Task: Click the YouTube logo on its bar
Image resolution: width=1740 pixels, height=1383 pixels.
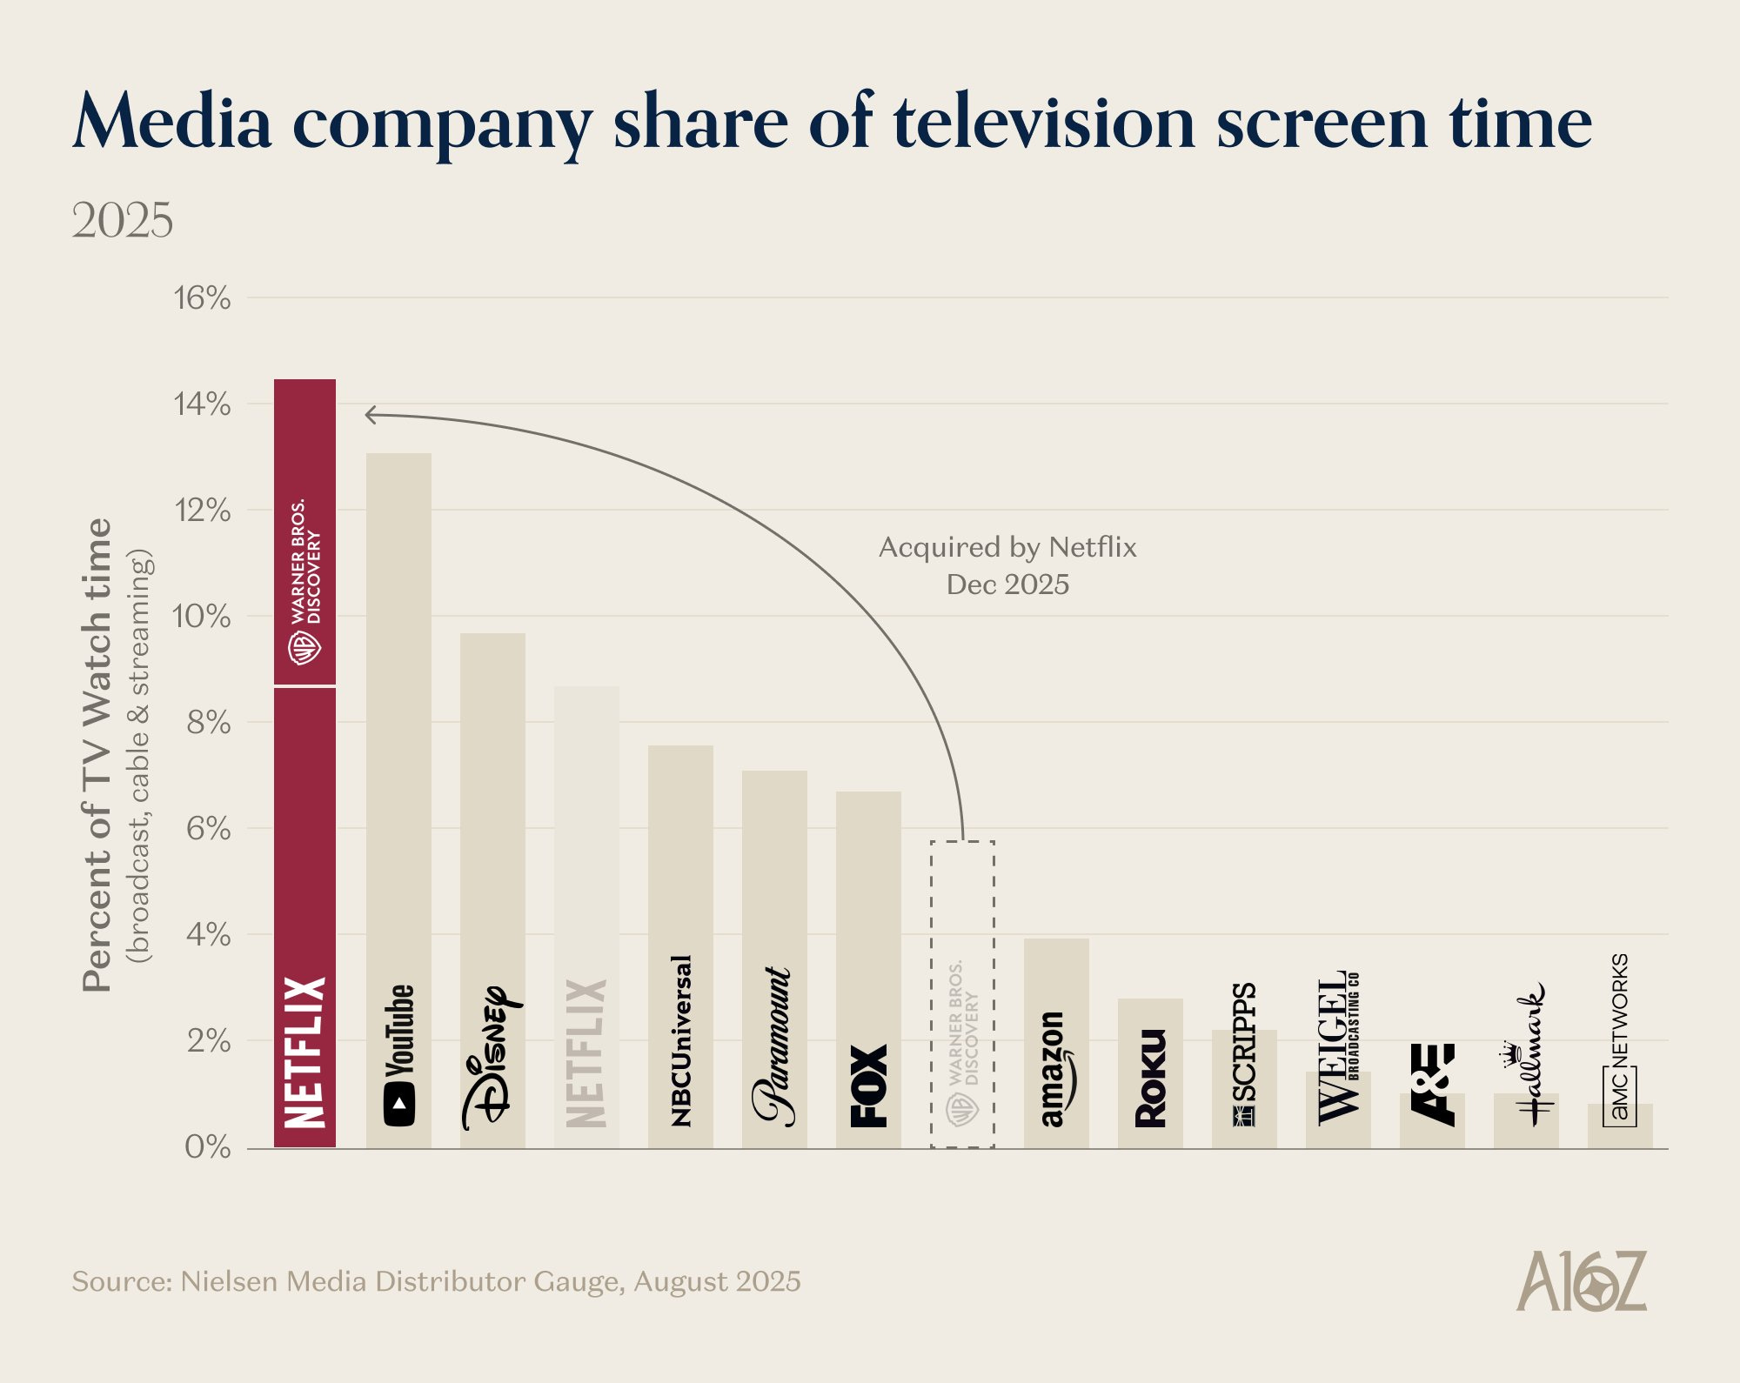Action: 398,1055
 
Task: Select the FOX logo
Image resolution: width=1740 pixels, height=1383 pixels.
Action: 868,1086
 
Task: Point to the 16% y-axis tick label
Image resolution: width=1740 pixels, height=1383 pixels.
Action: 202,298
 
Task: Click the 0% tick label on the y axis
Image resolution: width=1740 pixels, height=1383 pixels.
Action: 207,1147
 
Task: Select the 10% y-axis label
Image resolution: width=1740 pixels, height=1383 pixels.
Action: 201,617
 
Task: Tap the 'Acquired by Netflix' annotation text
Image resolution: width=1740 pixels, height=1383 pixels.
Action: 1007,547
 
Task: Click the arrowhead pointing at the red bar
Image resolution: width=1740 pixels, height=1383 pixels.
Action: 369,415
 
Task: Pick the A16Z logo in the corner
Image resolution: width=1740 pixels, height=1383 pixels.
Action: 1581,1281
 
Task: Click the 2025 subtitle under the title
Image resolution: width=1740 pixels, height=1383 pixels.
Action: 122,220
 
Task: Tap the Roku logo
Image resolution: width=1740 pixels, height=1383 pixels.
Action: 1150,1079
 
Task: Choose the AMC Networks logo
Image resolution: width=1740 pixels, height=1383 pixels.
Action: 1619,1040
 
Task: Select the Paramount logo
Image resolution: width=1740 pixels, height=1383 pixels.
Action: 773,1046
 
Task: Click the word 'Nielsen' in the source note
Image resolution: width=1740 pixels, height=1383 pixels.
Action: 229,1282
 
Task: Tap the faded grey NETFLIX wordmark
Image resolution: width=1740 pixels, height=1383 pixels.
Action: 586,1053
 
